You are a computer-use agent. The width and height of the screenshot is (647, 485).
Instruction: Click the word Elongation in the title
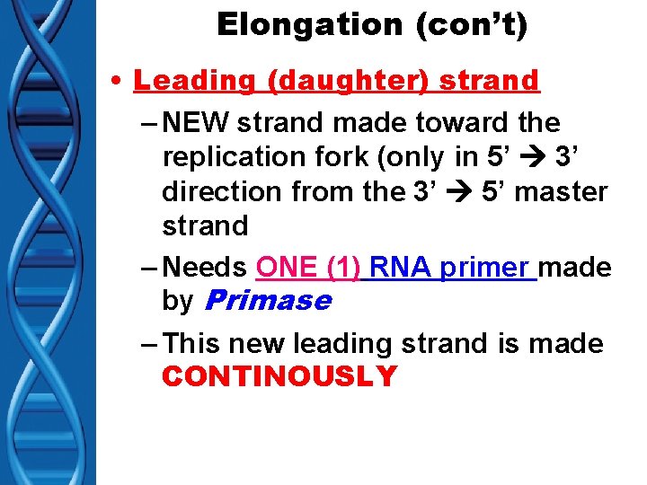pos(285,25)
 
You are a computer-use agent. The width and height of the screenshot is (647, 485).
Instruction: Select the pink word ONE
pos(284,268)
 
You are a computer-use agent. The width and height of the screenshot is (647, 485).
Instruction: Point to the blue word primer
pos(484,268)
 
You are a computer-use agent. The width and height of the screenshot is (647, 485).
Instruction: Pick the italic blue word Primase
pos(268,301)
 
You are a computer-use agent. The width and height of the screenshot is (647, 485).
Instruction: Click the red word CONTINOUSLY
pos(279,376)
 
